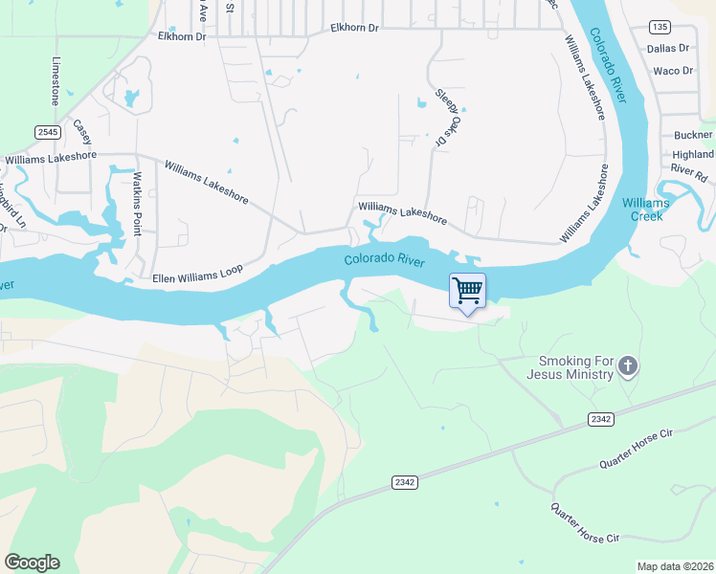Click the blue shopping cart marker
pyautogui.click(x=467, y=291)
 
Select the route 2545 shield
pyautogui.click(x=47, y=131)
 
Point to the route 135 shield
pyautogui.click(x=659, y=26)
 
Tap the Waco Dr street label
pyautogui.click(x=672, y=71)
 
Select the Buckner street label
pyautogui.click(x=693, y=136)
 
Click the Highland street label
pyautogui.click(x=693, y=154)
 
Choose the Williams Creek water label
pyautogui.click(x=646, y=209)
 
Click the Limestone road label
pyautogui.click(x=56, y=78)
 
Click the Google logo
pyautogui.click(x=32, y=563)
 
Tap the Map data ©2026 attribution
pyautogui.click(x=675, y=566)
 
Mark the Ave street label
pyautogui.click(x=203, y=11)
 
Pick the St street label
pyautogui.click(x=230, y=7)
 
